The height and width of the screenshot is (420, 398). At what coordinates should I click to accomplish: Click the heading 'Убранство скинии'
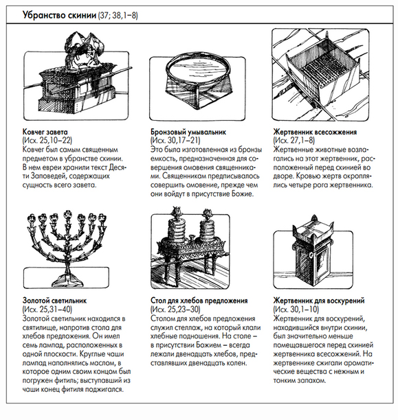coord(59,14)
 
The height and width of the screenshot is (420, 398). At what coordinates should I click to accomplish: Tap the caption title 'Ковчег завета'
coord(45,132)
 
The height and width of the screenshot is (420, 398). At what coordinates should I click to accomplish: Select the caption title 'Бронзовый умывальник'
coord(188,132)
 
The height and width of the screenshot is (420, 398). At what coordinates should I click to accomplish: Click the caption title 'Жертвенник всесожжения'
coord(315,132)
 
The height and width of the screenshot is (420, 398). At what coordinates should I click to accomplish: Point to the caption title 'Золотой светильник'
coord(54,301)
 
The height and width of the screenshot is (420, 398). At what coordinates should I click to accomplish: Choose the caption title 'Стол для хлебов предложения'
coord(199,301)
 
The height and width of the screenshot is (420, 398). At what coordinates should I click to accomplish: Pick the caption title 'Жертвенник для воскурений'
coord(319,301)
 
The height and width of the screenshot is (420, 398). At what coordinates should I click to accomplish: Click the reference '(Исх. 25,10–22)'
coord(47,141)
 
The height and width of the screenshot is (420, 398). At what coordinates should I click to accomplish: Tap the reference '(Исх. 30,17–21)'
coord(175,141)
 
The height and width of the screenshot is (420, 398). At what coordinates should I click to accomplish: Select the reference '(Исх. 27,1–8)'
coord(294,141)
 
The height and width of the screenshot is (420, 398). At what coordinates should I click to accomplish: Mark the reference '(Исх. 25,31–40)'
coord(47,310)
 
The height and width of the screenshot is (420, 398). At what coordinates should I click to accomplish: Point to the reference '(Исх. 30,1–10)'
coord(296,310)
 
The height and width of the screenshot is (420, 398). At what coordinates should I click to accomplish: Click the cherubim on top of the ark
coord(82,49)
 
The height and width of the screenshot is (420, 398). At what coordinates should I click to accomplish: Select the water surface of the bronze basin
coord(198,69)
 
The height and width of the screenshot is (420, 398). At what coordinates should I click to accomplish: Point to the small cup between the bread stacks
coord(192,237)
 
